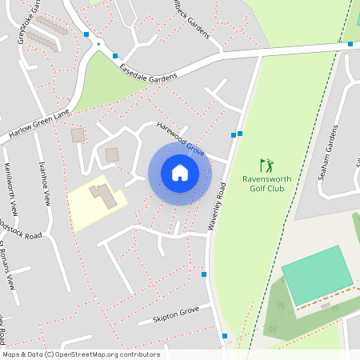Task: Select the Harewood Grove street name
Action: tap(181, 137)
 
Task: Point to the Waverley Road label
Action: tap(217, 206)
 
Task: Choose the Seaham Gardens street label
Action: tap(329, 152)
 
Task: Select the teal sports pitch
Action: tap(317, 274)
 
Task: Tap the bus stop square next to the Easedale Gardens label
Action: tap(115, 56)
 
